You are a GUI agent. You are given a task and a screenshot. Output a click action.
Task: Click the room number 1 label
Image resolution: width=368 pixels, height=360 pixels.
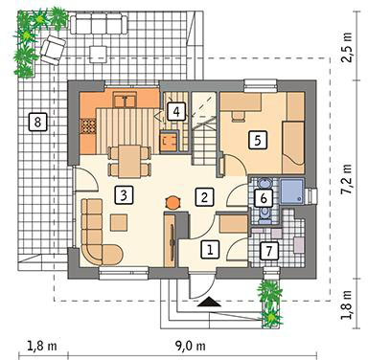pos(210,249)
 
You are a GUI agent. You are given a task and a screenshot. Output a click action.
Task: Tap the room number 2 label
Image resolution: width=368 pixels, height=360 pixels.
pos(204,196)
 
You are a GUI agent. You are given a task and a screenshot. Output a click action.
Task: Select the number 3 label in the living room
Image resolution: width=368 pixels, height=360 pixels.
pos(124,195)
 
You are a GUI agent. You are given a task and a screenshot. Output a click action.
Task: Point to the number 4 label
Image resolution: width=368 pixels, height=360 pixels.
pos(176,112)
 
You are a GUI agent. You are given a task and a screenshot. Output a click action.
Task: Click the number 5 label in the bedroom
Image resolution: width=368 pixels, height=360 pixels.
pos(258,140)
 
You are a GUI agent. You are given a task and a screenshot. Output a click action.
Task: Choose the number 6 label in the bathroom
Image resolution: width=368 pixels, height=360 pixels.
pos(264,198)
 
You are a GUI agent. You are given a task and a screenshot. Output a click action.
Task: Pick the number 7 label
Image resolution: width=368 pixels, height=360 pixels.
pos(269,251)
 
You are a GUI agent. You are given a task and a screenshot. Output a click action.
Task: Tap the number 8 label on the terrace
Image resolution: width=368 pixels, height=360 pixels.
pos(37,122)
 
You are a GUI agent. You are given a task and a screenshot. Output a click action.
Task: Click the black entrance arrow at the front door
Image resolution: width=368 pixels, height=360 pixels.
pos(209,302)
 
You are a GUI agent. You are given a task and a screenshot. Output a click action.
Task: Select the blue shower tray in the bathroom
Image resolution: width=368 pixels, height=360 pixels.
pos(291,191)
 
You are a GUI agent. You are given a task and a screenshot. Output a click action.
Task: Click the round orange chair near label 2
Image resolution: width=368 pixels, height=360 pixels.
pos(172,202)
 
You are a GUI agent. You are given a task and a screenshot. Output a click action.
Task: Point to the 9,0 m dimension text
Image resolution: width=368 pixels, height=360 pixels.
pos(191,346)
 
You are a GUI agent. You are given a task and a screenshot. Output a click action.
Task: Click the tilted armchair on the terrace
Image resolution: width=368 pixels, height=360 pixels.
pos(53,50)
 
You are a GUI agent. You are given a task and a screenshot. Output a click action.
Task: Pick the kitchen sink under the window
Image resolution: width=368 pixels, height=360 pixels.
pos(126,100)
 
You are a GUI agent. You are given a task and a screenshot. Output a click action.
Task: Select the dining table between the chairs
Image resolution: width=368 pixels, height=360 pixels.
pos(129,161)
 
